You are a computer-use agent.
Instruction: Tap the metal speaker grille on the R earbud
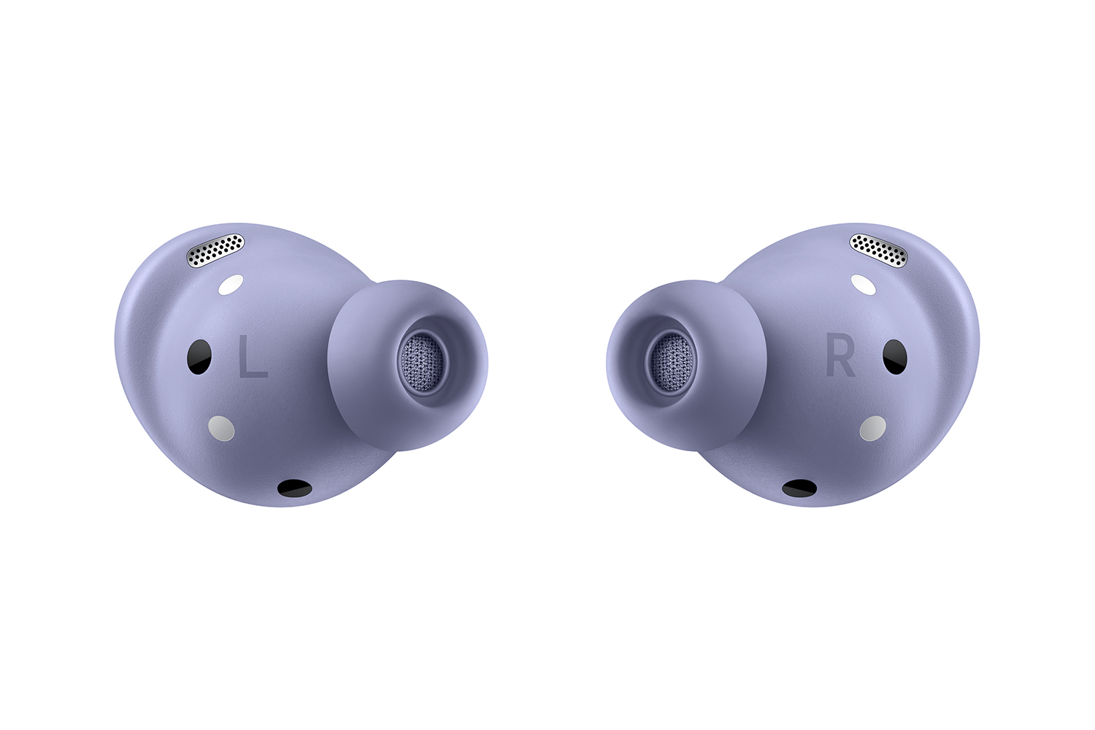878,250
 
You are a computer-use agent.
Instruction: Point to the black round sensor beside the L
199,357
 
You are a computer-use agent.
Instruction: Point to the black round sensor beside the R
895,357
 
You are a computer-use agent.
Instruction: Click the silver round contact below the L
221,429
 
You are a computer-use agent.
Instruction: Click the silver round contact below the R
873,429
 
